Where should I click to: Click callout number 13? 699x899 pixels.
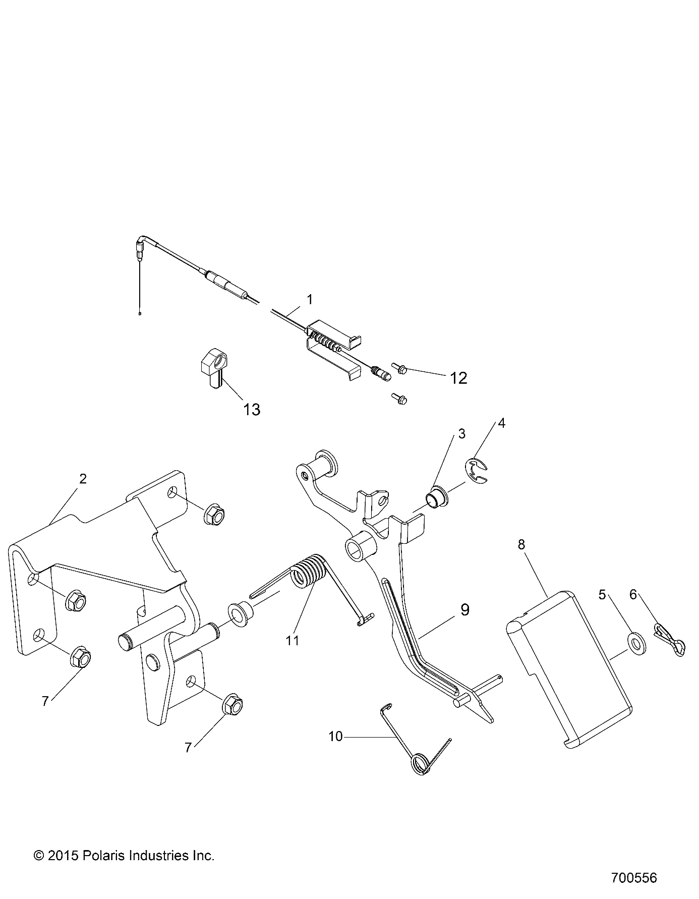pos(252,409)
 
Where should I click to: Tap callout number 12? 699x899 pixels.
pos(458,378)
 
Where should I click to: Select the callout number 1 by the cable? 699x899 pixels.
pos(310,299)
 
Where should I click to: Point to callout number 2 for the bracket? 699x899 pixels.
pos(83,478)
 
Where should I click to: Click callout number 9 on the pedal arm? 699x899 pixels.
pos(464,610)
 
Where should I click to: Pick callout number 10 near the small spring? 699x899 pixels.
pos(335,737)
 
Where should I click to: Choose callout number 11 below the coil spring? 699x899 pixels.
pos(293,641)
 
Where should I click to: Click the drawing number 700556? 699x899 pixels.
pos(634,878)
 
